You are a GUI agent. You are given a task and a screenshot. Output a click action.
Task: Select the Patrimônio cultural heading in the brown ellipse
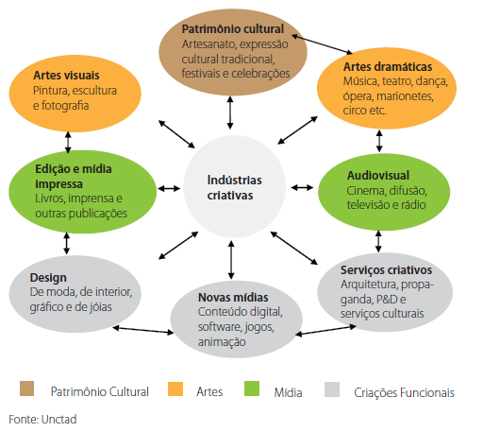[231, 28]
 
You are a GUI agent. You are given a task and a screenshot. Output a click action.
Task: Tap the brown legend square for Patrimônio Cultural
[27, 389]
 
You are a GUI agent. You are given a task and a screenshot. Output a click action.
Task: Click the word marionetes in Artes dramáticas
[428, 95]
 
